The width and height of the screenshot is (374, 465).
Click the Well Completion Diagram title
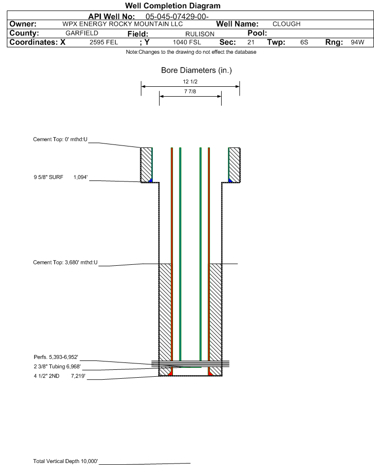173,5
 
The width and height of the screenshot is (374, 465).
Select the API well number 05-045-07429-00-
177,17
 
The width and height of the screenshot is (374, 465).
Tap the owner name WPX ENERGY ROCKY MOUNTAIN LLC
122,24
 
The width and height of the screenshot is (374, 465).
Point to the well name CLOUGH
287,24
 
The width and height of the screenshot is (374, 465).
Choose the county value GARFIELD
82,33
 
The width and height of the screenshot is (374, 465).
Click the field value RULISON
200,34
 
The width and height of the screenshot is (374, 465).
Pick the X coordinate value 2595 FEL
103,42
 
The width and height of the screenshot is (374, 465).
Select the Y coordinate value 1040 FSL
187,42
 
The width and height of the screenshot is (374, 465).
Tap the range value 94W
357,42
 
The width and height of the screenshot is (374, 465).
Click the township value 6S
304,42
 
